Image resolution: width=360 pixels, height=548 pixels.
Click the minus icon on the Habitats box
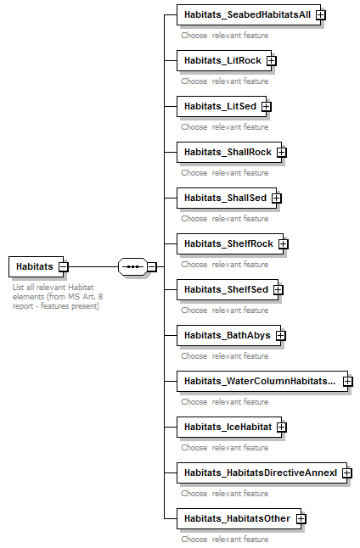click(64, 266)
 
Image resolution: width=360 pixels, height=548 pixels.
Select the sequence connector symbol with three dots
click(132, 266)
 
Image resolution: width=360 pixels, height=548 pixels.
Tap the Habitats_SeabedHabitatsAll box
click(247, 14)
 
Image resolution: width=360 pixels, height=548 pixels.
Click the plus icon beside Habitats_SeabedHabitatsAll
click(321, 14)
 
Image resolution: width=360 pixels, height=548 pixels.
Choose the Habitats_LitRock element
click(222, 60)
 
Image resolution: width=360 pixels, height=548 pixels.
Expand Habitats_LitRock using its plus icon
click(272, 60)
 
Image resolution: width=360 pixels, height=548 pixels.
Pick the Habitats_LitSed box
click(220, 106)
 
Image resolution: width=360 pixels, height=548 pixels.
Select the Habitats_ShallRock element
click(228, 152)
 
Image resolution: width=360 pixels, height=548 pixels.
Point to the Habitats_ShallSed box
click(225, 198)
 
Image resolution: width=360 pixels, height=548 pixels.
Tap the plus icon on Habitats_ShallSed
click(277, 198)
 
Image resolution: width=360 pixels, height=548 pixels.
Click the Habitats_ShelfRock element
click(228, 243)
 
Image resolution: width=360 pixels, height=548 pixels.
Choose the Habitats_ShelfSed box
click(226, 289)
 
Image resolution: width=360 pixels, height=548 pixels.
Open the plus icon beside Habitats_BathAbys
click(281, 335)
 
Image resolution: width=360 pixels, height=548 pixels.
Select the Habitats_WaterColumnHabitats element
click(259, 381)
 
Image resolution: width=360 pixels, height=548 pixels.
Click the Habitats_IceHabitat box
click(228, 427)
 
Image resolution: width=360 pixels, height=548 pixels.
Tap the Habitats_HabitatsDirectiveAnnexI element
click(260, 473)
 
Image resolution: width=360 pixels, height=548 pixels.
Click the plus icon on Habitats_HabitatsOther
click(301, 518)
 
